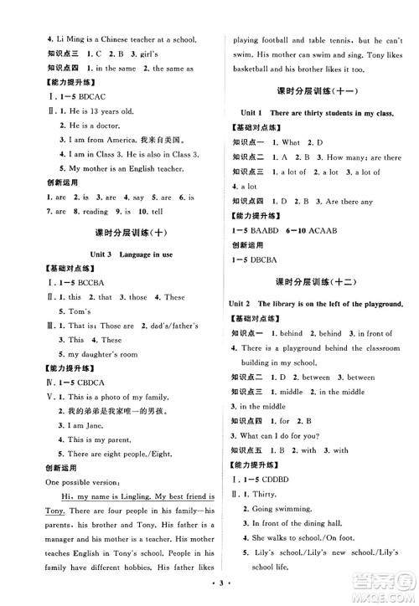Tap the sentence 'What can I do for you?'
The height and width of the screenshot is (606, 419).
tap(282, 434)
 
